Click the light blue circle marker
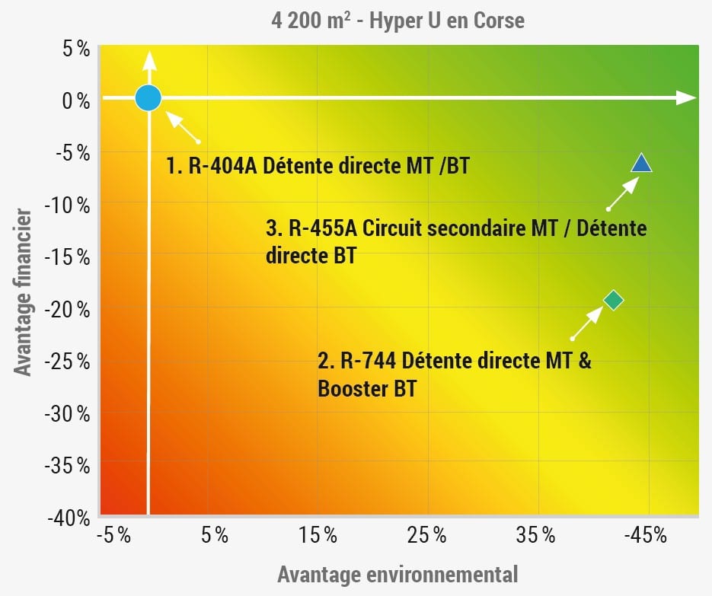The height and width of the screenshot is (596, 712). point(148,97)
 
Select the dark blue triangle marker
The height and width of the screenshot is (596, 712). point(641,164)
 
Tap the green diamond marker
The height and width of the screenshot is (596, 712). point(613,300)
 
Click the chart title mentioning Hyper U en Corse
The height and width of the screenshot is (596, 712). point(398,19)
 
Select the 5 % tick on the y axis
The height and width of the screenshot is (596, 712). point(75,49)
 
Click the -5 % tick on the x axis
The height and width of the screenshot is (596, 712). point(115,537)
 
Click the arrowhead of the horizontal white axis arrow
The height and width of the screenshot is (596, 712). point(687,97)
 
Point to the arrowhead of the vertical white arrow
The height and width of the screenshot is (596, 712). point(149,59)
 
